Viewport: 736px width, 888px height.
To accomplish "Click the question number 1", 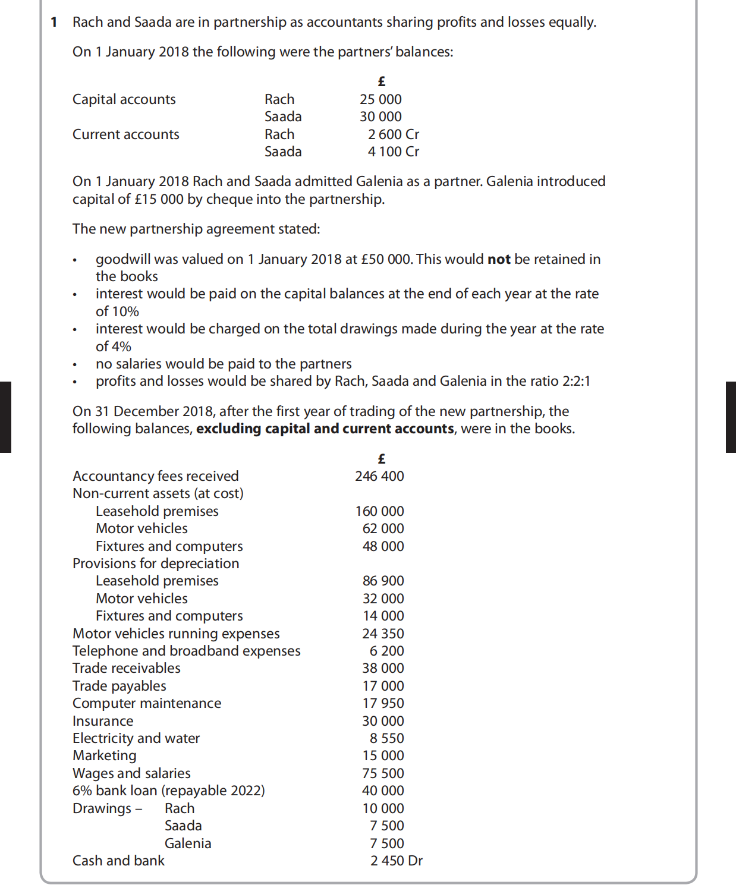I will (54, 23).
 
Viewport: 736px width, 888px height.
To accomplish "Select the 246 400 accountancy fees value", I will (379, 476).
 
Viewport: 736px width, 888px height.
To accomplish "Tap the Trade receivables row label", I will (126, 668).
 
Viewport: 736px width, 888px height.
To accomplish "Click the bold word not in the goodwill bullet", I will (499, 259).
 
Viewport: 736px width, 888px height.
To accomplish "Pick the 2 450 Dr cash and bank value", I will (396, 861).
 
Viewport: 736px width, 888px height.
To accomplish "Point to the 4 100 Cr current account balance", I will (393, 152).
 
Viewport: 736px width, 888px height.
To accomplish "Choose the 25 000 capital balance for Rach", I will (380, 99).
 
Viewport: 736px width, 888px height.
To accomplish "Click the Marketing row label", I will (104, 755).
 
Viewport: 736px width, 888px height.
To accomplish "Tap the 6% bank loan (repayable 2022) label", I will (168, 791).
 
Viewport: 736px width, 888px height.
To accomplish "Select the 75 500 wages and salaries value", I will (383, 773).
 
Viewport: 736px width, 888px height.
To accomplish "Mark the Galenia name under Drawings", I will (188, 843).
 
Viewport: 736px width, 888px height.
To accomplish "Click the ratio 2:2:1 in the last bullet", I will (576, 381).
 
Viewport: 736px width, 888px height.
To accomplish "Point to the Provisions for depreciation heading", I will (156, 563).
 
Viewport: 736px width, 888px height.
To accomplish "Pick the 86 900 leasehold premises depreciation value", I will (383, 581).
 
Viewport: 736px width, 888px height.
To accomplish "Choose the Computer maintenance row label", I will (146, 703).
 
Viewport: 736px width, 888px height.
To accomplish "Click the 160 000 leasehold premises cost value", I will (379, 511).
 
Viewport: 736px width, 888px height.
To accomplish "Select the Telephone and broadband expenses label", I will (186, 651).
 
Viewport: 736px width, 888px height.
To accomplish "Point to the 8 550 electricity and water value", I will (386, 738).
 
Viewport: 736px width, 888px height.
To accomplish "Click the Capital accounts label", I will (124, 99).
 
